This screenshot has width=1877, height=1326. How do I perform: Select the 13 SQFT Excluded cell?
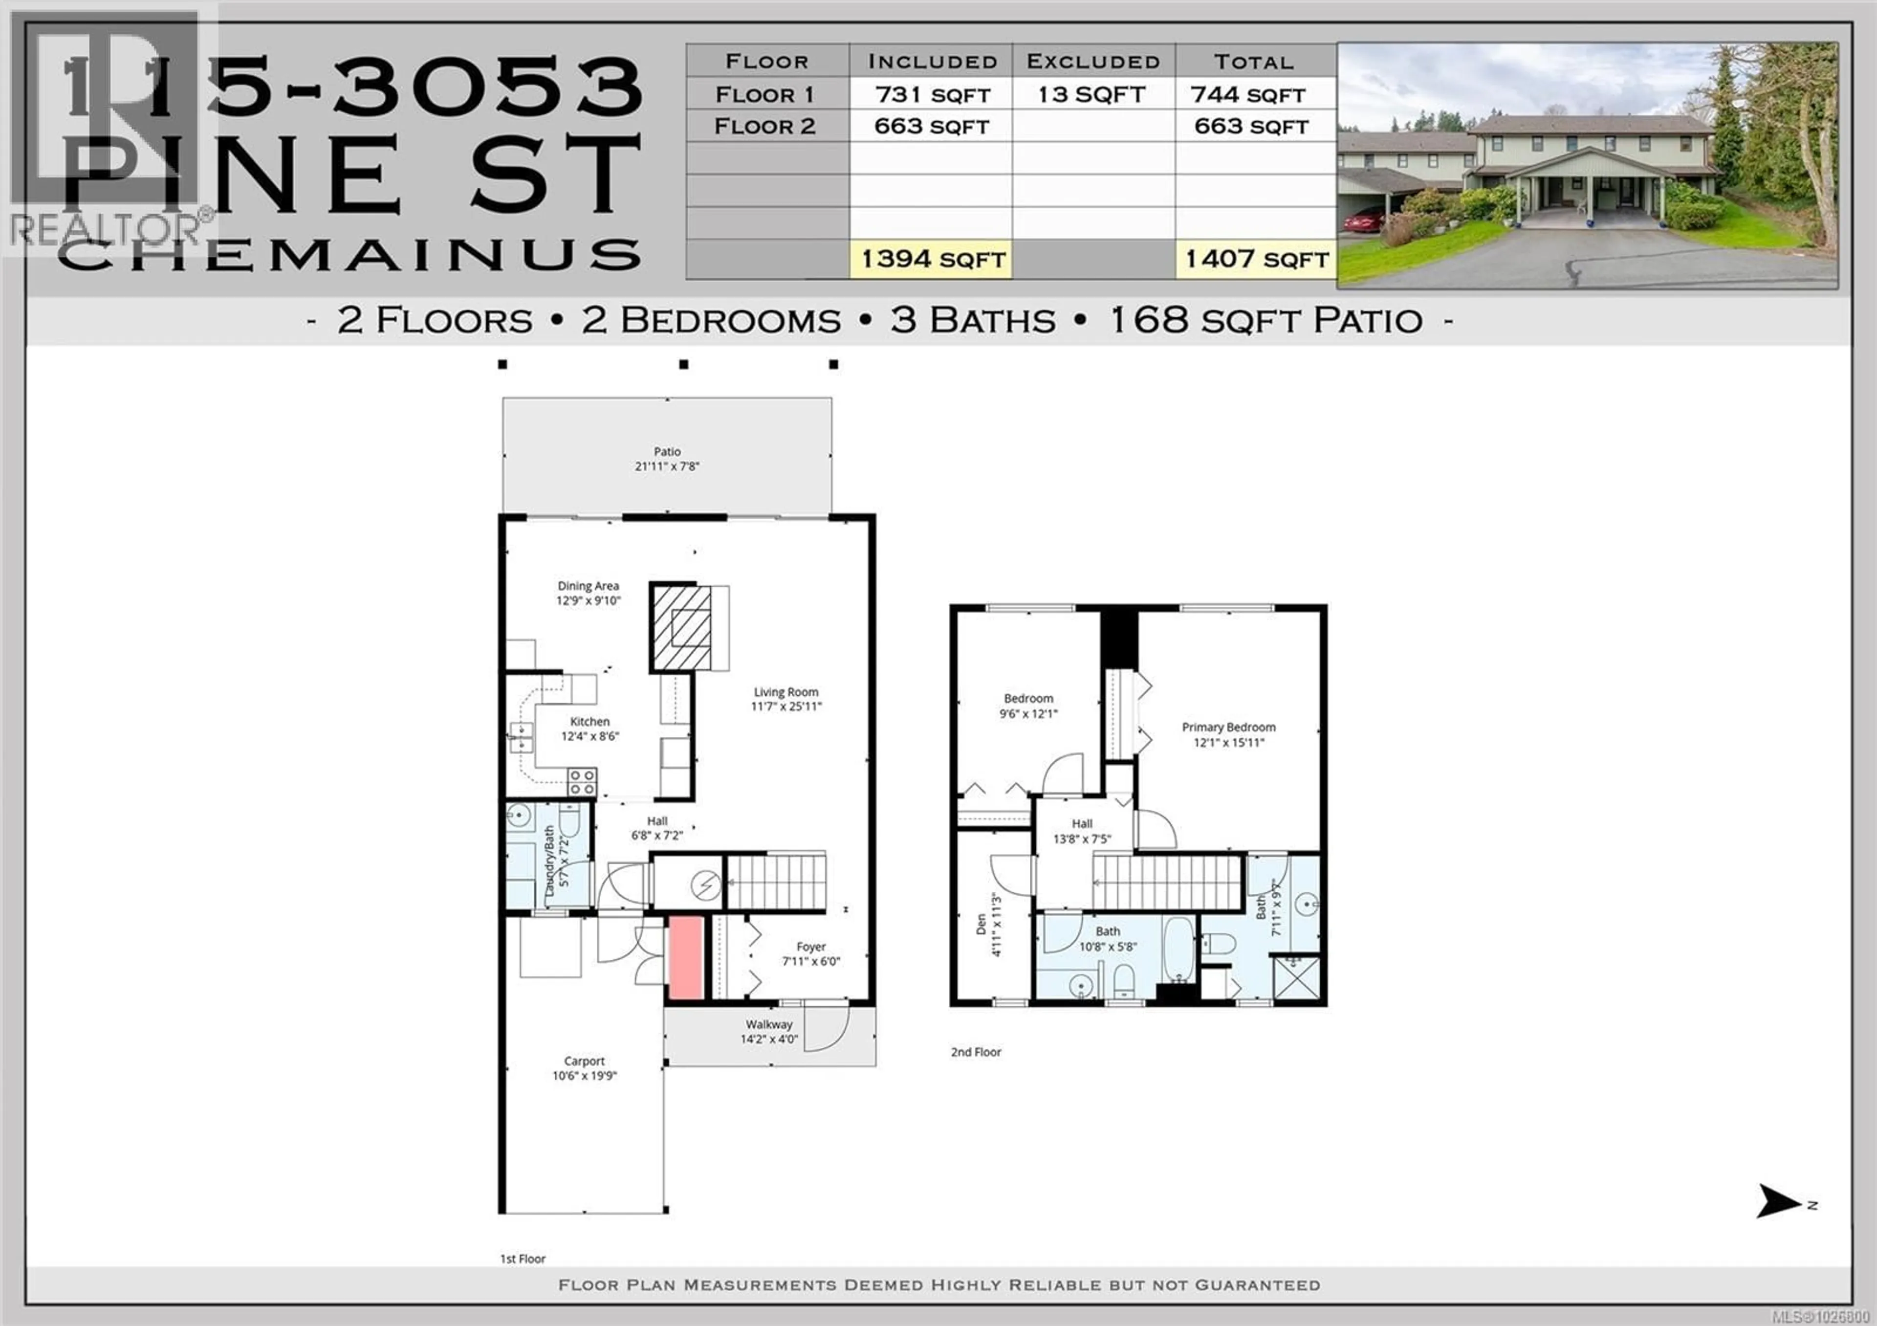[1093, 95]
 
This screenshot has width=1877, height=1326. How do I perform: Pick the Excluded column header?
[1093, 61]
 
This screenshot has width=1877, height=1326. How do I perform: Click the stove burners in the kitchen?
[581, 781]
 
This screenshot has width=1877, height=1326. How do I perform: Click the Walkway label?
[768, 1024]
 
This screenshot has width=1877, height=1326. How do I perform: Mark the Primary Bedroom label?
[1228, 727]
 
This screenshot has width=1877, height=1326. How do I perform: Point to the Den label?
[981, 924]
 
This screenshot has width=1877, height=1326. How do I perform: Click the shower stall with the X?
[1297, 978]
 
